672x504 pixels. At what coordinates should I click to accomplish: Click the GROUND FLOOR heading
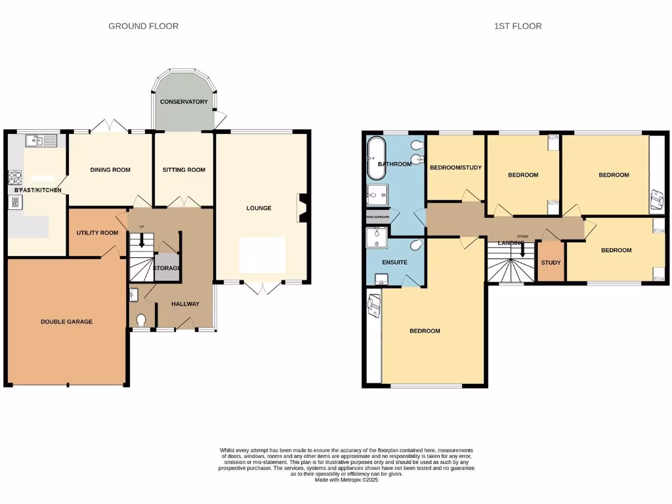(143, 26)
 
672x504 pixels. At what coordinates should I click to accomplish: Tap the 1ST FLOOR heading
(518, 26)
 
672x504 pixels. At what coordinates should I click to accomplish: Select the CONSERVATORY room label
(184, 102)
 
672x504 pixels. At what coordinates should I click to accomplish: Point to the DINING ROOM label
(110, 170)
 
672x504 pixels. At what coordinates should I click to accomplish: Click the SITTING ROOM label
(184, 170)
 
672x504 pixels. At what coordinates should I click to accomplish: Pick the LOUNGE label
(259, 208)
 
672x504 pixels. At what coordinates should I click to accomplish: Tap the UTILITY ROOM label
(97, 233)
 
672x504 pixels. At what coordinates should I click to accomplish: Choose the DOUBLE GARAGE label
(66, 322)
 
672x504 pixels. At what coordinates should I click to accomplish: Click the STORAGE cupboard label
(167, 268)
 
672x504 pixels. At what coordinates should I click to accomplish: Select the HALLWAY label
(185, 304)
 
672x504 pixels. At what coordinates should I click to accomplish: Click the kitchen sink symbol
(41, 140)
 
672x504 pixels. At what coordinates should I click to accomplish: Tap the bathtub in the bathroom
(376, 159)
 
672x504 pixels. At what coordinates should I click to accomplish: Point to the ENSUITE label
(394, 262)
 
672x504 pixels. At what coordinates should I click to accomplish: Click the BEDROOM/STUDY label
(455, 167)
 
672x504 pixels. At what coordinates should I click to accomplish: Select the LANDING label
(511, 243)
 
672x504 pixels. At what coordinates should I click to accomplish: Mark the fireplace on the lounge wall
(301, 207)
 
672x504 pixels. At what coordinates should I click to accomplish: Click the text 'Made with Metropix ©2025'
(347, 480)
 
